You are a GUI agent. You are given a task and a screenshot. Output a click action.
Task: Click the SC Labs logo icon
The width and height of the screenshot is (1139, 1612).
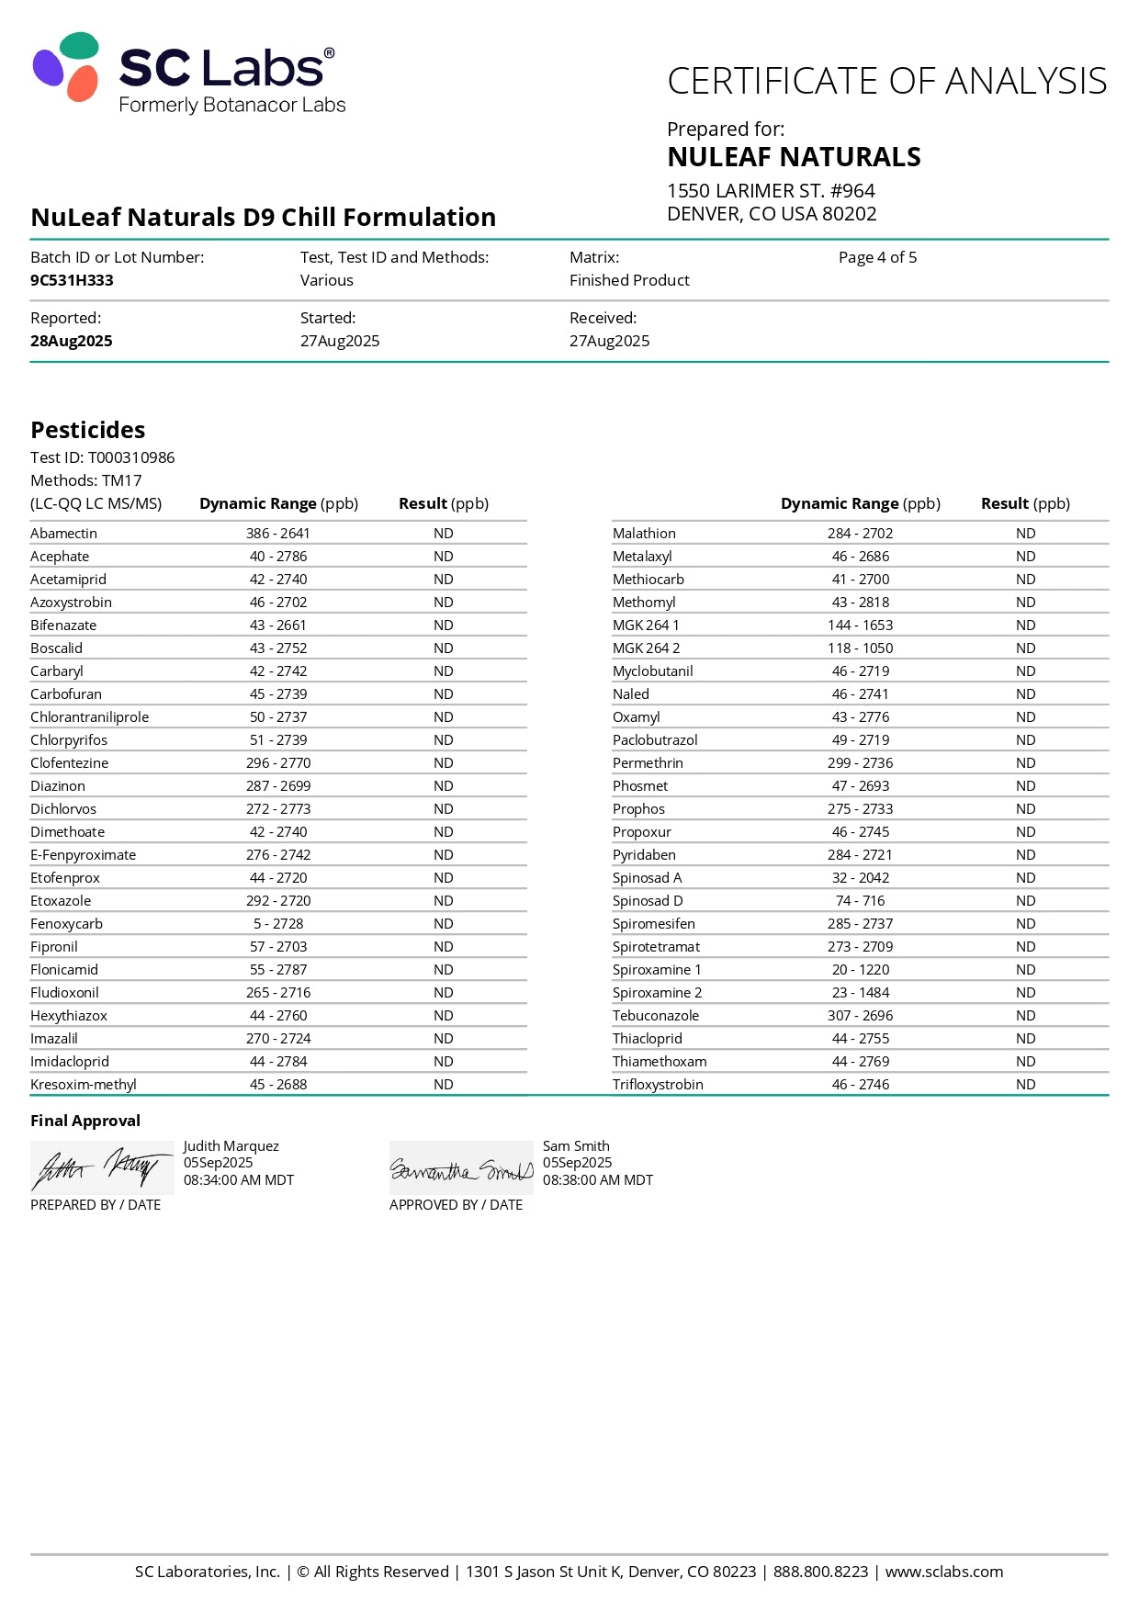(66, 67)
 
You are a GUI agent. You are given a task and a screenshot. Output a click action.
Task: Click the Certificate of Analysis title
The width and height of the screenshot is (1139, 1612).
(886, 81)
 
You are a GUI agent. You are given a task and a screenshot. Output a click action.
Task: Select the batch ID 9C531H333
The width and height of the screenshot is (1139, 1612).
(72, 280)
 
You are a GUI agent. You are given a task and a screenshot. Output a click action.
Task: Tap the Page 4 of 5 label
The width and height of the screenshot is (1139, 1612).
(877, 257)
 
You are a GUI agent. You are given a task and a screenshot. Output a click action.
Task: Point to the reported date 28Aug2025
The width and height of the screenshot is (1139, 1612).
(72, 341)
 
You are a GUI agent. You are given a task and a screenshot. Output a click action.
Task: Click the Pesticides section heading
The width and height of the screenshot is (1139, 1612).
(88, 430)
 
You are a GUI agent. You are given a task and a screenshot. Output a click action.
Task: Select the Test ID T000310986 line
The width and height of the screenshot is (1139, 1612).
(103, 457)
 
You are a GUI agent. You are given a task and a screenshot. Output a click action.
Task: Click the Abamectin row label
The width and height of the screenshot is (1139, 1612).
(63, 533)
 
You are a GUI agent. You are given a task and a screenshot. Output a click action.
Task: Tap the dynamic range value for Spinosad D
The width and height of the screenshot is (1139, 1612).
(860, 900)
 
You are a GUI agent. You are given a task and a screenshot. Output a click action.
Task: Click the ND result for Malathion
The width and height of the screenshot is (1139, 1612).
(1025, 533)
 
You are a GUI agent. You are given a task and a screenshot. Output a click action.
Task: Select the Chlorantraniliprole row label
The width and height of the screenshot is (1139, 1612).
(89, 716)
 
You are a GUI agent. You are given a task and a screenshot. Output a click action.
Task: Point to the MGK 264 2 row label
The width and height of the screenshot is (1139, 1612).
(646, 648)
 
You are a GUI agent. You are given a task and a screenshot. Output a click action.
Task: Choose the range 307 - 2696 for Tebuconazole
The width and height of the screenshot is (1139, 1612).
(860, 1015)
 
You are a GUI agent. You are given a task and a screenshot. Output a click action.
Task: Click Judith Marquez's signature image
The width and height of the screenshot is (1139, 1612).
(101, 1167)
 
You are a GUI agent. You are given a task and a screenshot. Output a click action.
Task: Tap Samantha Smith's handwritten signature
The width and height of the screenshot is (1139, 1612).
(461, 1169)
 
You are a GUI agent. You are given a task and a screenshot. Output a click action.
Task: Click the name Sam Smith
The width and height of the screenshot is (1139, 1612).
(576, 1145)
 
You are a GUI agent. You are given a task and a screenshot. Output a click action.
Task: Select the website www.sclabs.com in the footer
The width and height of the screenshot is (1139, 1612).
(943, 1572)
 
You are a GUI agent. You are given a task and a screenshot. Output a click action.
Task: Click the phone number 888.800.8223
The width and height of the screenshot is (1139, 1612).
(820, 1572)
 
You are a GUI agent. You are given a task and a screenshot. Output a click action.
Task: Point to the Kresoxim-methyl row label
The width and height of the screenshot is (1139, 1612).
(84, 1084)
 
